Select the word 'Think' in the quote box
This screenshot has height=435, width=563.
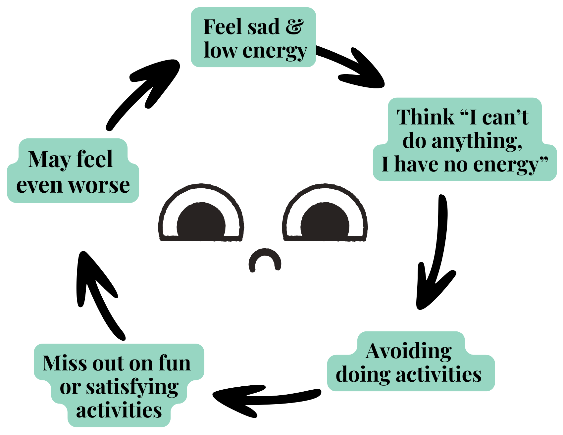click(426, 117)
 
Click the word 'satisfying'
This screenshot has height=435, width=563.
click(132, 387)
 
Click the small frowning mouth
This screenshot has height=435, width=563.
click(265, 260)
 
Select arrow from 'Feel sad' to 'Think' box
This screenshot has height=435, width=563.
click(354, 66)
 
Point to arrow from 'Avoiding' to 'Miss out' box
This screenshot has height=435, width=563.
click(265, 397)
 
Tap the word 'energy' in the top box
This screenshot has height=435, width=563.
click(275, 51)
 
